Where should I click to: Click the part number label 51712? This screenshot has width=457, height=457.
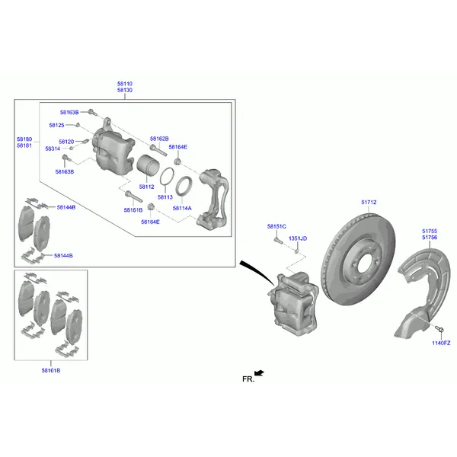[369, 203]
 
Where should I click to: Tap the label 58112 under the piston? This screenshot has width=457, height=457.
[146, 187]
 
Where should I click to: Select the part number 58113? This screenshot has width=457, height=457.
[165, 197]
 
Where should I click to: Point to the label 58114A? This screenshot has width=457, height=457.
[182, 209]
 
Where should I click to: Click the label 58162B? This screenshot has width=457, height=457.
[159, 139]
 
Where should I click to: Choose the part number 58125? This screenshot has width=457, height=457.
[57, 126]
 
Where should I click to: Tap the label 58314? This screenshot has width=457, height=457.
[53, 149]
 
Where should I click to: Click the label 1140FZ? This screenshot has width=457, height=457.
[441, 344]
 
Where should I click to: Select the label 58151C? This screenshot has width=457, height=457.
[277, 226]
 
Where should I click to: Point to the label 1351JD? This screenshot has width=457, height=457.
[298, 238]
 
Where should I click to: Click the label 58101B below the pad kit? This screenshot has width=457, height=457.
[51, 371]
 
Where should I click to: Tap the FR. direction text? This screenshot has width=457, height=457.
[248, 379]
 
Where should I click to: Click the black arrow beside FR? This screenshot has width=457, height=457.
[259, 373]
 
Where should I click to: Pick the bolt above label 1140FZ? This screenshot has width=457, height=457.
[439, 329]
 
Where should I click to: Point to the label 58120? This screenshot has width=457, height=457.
[66, 142]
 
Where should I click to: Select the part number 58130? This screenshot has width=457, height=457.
[125, 91]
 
